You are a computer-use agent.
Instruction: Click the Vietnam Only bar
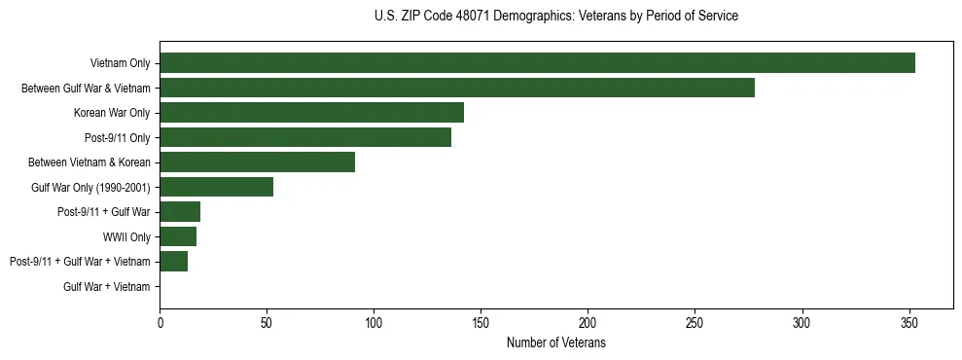[537, 63]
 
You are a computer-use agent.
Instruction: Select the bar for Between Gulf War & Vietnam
[457, 88]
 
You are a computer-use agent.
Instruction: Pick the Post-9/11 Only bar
[305, 137]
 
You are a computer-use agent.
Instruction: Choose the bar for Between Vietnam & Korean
[257, 162]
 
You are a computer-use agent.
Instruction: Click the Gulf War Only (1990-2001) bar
[216, 187]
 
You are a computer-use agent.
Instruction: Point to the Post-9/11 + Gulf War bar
[180, 212]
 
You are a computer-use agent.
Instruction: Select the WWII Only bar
[178, 236]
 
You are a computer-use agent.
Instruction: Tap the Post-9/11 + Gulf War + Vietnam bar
[173, 261]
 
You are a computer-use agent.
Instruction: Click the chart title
[555, 17]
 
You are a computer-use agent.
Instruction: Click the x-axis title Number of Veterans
[555, 342]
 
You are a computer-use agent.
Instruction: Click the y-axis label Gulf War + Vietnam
[107, 286]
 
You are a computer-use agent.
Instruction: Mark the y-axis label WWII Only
[126, 236]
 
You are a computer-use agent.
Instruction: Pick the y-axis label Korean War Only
[112, 113]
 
